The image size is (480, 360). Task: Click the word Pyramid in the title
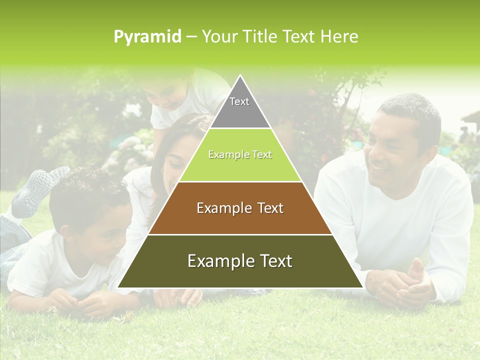[x=147, y=36]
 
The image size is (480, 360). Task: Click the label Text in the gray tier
[x=239, y=101]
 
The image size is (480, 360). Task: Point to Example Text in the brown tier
[x=240, y=208]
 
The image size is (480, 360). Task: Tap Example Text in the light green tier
[x=240, y=154]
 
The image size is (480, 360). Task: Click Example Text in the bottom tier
[x=240, y=261]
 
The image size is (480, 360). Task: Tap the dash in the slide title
[x=191, y=37]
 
